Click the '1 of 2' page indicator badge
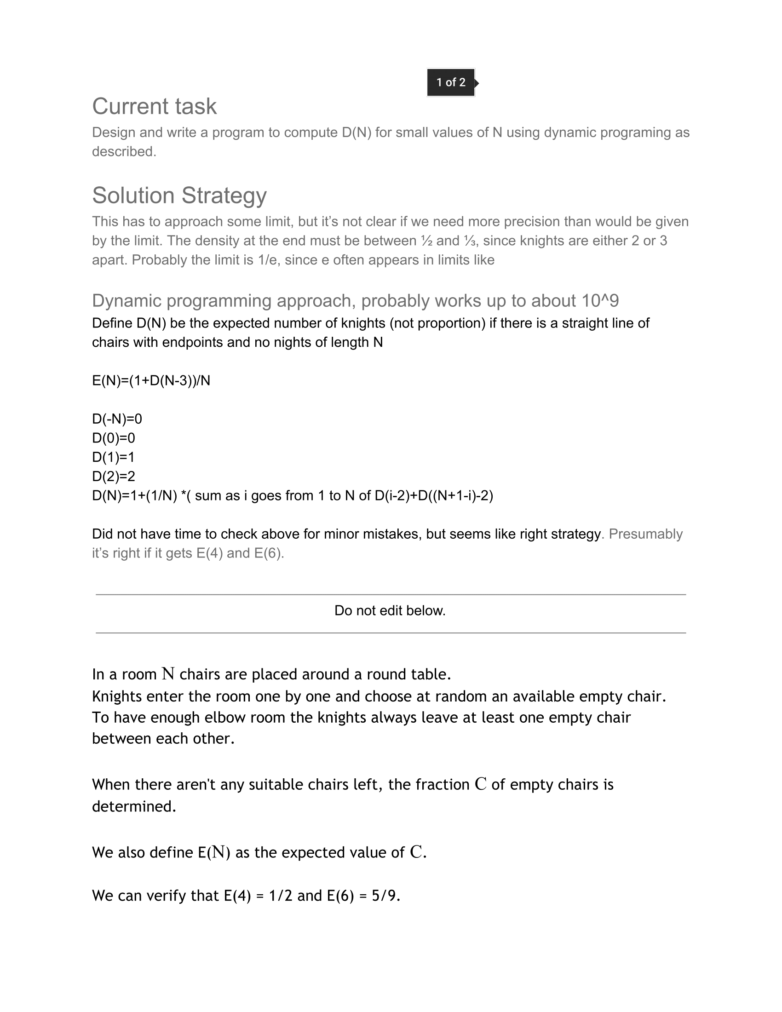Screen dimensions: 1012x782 (450, 82)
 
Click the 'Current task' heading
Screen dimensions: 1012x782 (154, 106)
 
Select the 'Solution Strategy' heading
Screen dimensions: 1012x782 (179, 195)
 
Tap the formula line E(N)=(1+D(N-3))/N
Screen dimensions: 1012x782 (151, 380)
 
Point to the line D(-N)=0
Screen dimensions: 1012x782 (117, 419)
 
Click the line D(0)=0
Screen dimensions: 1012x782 (114, 438)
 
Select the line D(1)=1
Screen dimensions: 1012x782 (114, 457)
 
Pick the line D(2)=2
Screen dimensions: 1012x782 (114, 477)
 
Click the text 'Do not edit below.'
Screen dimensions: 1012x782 (390, 611)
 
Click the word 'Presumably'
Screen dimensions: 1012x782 (645, 534)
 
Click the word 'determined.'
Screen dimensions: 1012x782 (134, 806)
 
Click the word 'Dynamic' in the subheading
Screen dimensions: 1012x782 (127, 301)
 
